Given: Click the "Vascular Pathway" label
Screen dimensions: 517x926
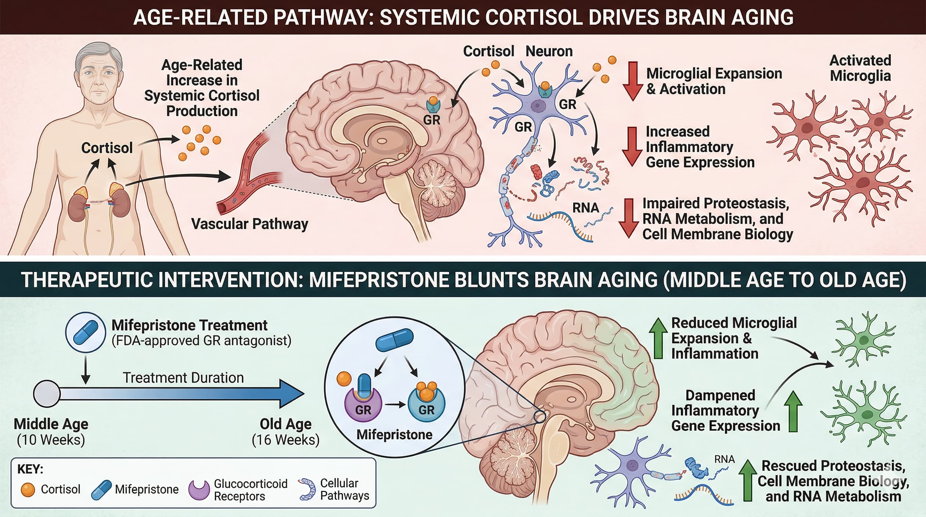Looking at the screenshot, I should [x=249, y=224].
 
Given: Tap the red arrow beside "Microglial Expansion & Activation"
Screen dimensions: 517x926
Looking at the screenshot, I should [x=633, y=80].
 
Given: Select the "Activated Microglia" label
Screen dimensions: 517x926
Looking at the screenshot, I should [x=860, y=68].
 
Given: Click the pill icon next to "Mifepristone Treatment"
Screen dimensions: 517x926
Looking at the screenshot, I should [x=85, y=332].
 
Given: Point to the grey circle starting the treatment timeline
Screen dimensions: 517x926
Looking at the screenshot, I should [x=47, y=394].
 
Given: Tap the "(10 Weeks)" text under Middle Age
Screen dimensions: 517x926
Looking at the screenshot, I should [x=51, y=440].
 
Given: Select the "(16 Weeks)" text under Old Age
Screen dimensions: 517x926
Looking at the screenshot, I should [x=285, y=440].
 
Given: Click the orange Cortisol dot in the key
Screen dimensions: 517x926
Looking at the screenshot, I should [x=28, y=489].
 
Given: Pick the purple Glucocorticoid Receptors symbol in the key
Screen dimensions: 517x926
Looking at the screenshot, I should [x=199, y=490].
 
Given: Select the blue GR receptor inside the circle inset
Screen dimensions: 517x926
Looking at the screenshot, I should [x=427, y=406].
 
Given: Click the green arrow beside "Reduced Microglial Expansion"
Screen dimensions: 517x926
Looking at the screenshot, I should [x=658, y=338].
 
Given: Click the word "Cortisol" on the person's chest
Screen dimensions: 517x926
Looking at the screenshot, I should [x=107, y=148].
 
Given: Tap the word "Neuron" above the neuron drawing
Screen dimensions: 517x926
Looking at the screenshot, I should [x=549, y=51].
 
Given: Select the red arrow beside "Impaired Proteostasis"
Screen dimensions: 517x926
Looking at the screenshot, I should [x=628, y=218].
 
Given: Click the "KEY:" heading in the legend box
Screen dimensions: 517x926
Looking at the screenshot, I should [x=30, y=469].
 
